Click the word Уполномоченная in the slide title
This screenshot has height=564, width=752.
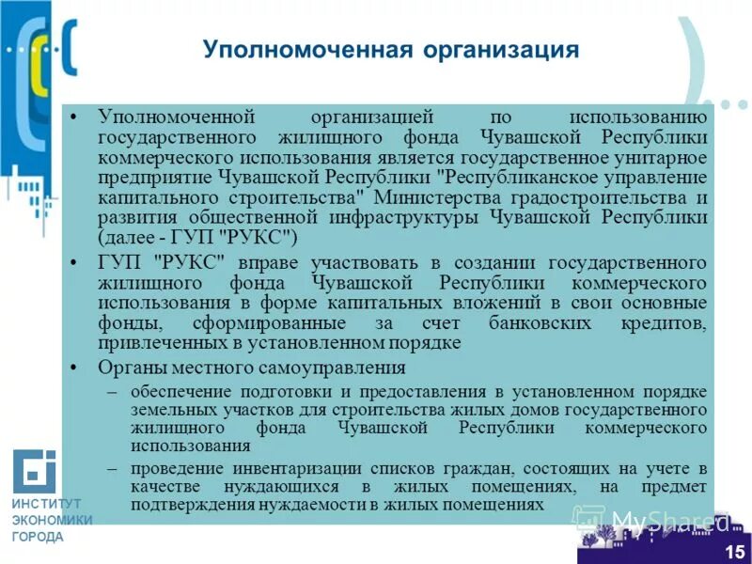point(281,49)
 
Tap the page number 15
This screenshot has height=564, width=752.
point(734,551)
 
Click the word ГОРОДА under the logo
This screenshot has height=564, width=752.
point(38,537)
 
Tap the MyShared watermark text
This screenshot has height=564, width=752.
point(669,520)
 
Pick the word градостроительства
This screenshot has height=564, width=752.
point(590,197)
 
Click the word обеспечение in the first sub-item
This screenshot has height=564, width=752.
point(179,391)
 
